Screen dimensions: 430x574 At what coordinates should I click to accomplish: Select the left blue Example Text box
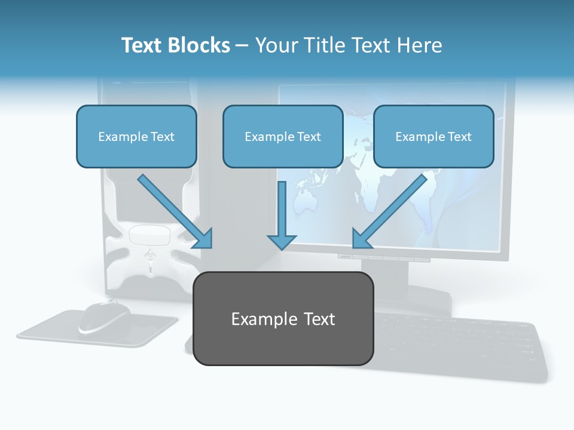coord(136,136)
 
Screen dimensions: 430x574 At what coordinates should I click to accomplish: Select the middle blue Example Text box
coord(283,136)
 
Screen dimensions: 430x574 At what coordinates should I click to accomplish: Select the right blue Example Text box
coord(433,136)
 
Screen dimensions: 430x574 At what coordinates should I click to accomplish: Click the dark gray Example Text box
coord(283,318)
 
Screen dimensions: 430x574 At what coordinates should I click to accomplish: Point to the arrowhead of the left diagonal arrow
coord(203,239)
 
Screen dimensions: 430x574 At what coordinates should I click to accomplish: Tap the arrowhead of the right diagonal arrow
coord(361,239)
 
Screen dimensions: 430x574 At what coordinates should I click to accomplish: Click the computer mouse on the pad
coord(105,317)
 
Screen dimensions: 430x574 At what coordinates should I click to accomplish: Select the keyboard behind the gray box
coord(460,346)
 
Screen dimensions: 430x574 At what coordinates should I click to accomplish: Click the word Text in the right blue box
coord(460,137)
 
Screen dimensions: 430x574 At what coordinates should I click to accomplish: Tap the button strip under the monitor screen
coord(383,257)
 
